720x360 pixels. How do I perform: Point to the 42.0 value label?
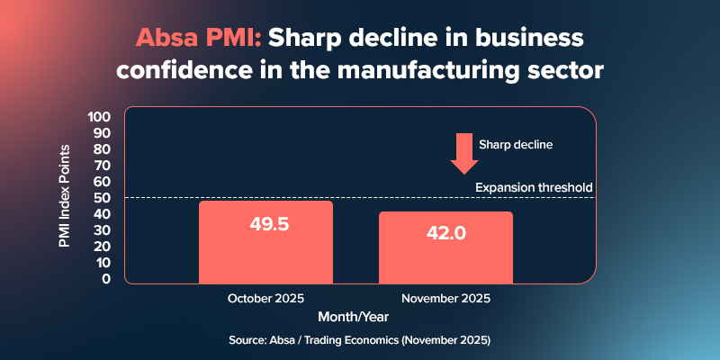coord(446,232)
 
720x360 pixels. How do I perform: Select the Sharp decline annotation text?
coord(515,144)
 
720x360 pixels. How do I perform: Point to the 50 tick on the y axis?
coord(102,198)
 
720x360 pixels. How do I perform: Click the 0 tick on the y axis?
coord(105,279)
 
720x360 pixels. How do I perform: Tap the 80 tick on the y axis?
coord(102,149)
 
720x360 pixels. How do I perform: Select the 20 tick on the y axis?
coord(102,247)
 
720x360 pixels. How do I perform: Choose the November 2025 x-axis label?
coord(446,298)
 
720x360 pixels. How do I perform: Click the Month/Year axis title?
coord(357,317)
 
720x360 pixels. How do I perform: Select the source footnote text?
coord(360,342)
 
